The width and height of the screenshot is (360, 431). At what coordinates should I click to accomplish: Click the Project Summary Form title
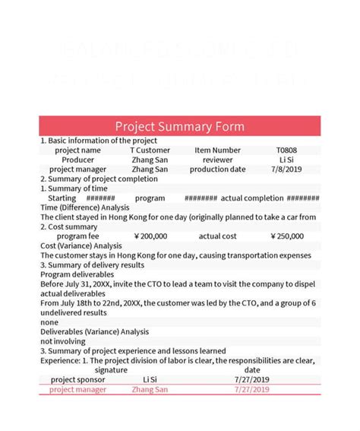180,126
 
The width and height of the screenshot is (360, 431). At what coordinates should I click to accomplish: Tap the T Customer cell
150,151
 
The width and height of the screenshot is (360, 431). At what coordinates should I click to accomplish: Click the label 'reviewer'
218,160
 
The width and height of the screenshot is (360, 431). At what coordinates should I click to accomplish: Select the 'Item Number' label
217,151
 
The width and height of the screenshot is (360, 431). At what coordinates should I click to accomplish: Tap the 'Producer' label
78,160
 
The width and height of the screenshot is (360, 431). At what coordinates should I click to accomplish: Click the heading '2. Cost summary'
69,227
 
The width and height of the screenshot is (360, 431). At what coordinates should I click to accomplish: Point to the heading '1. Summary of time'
74,189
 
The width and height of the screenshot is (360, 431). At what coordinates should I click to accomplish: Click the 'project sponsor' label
78,379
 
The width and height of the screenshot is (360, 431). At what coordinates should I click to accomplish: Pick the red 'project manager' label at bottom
78,389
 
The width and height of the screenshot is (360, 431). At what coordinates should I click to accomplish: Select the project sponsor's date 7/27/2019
251,379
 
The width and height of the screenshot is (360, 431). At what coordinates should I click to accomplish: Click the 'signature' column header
111,369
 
